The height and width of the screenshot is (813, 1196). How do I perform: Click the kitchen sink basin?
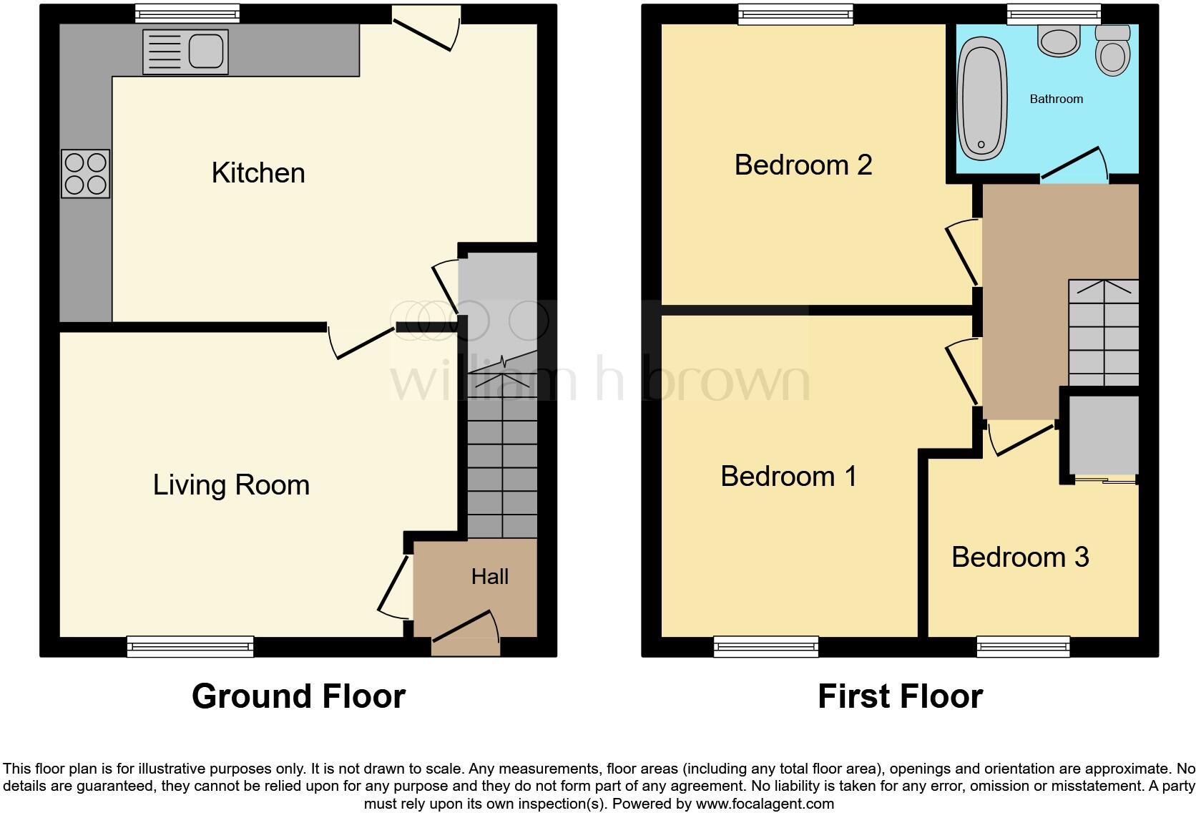tap(206, 52)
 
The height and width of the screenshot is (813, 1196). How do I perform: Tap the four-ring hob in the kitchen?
tap(86, 174)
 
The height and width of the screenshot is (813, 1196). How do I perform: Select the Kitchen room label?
tap(258, 173)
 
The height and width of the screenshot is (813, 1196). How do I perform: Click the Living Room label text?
tap(231, 485)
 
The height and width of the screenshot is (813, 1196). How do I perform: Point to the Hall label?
tap(490, 577)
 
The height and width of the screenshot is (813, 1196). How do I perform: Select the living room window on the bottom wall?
tap(190, 646)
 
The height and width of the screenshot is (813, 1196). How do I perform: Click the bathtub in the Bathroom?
tap(982, 99)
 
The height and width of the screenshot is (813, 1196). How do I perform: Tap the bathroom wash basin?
tap(1059, 42)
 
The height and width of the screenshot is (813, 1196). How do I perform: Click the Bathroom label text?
tap(1056, 99)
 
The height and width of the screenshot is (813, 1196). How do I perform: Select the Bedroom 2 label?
tap(803, 165)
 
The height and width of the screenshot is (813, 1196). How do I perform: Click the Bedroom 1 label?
tap(788, 477)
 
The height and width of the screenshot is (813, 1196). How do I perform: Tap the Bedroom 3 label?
tap(1020, 558)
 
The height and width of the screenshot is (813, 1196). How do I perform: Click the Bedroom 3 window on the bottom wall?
tap(1024, 646)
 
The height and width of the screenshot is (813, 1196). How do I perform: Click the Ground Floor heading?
tap(298, 696)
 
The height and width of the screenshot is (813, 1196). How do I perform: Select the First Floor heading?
tap(900, 696)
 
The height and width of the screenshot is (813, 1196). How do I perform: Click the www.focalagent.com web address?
tap(765, 804)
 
